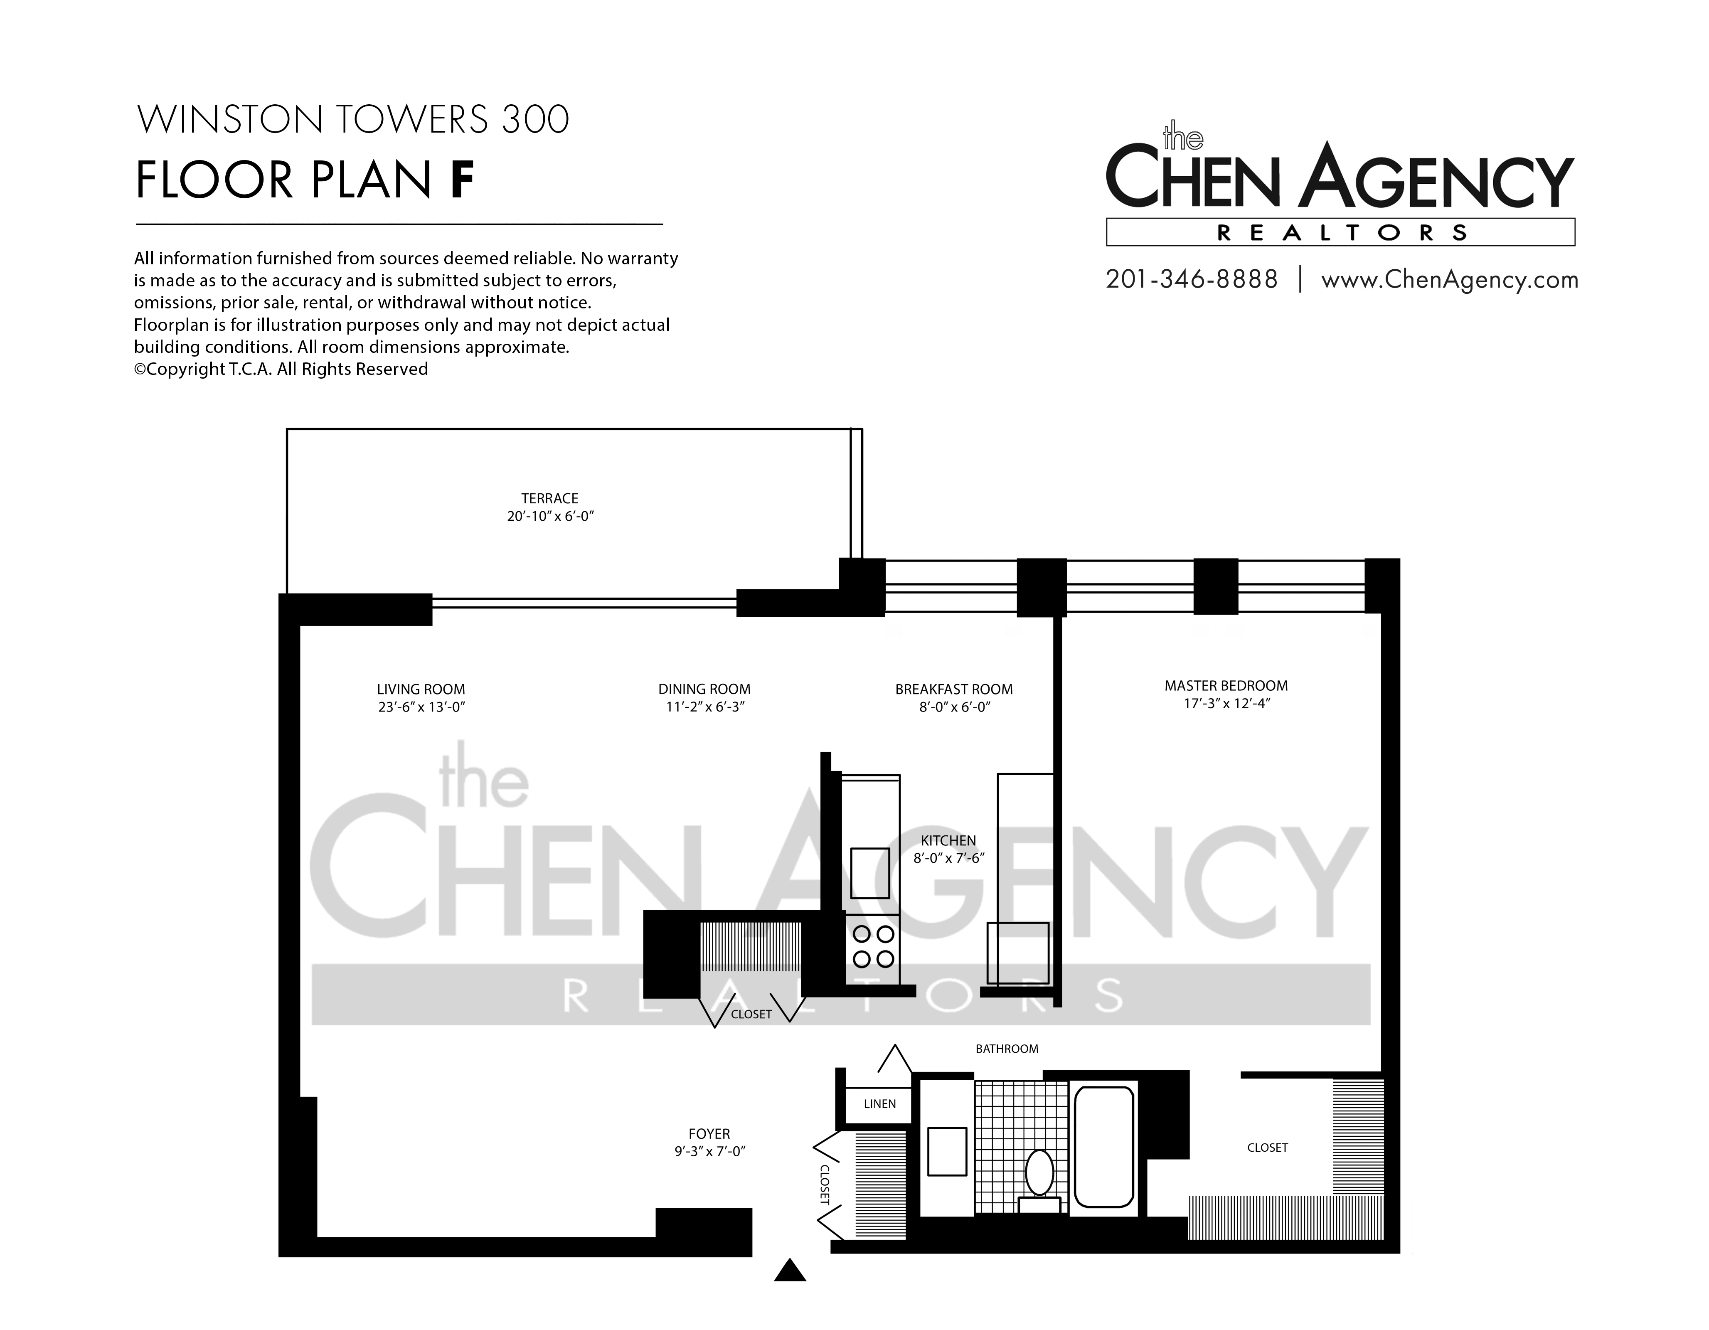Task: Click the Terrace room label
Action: pos(550,498)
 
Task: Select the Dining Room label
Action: pos(704,689)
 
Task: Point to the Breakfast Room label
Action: pos(954,689)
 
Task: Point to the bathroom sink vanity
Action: pos(947,1150)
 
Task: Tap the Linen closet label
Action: pos(879,1104)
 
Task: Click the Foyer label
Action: pos(709,1134)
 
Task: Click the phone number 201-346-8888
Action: pos(1192,279)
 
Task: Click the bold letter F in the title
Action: pos(463,180)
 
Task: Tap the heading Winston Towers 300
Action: pos(353,120)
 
